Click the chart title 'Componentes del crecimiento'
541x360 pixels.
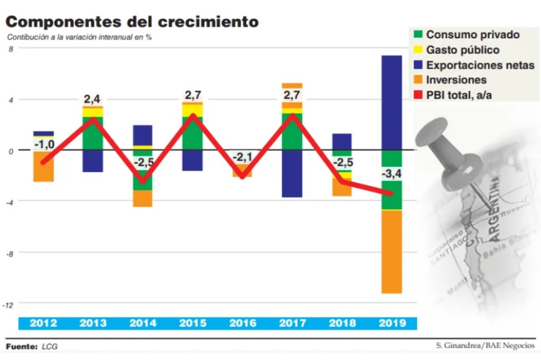pyautogui.click(x=132, y=22)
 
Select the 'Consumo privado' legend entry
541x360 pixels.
pyautogui.click(x=472, y=35)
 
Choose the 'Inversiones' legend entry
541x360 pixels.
pyautogui.click(x=456, y=80)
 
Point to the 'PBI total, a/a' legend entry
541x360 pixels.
pyautogui.click(x=459, y=95)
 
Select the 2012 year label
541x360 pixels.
pyautogui.click(x=43, y=323)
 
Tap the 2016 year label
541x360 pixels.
pyautogui.click(x=242, y=323)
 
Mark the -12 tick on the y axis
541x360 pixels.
pyautogui.click(x=9, y=304)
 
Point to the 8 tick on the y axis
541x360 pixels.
pyautogui.click(x=10, y=49)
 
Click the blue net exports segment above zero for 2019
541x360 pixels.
pyautogui.click(x=391, y=103)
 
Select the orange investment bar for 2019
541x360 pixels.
pyautogui.click(x=391, y=251)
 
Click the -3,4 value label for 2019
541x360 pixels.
pyautogui.click(x=391, y=173)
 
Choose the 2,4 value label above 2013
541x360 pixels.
pyautogui.click(x=93, y=99)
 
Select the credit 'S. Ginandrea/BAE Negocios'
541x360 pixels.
pyautogui.click(x=483, y=346)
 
